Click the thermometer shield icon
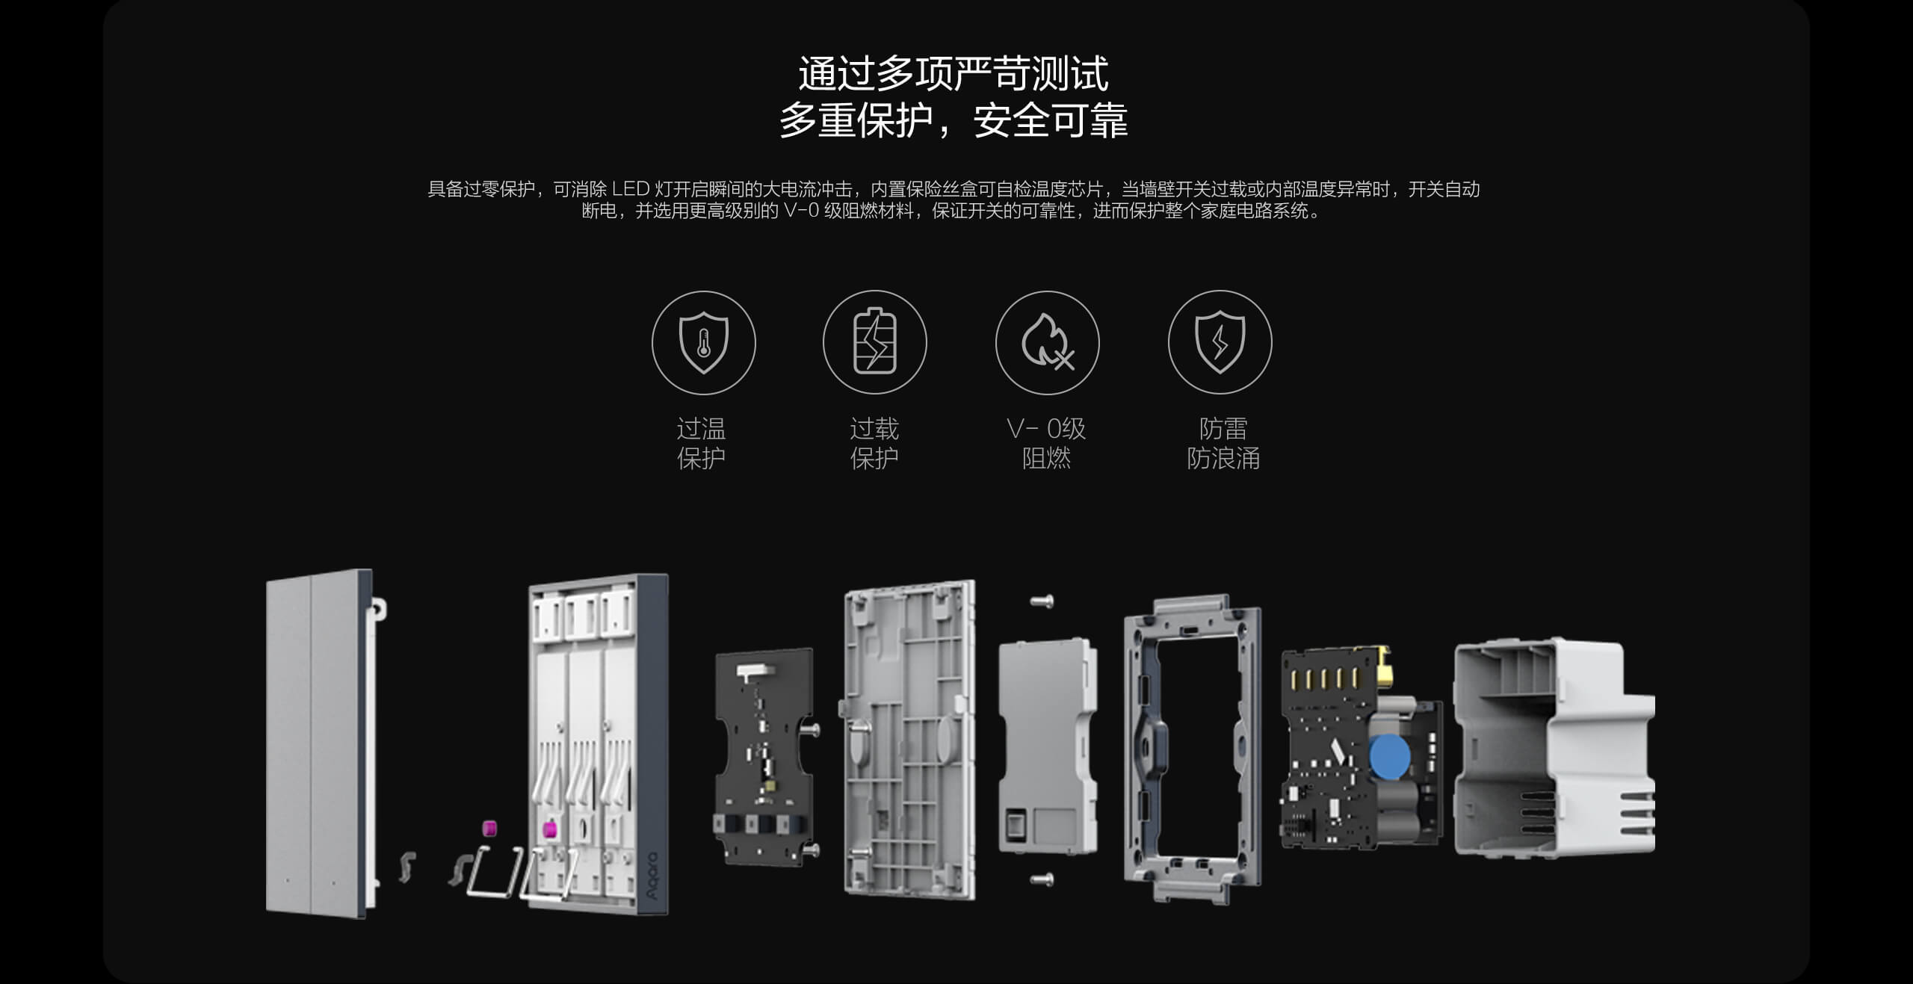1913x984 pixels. (703, 343)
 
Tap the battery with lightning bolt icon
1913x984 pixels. (874, 342)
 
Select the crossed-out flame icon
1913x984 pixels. (1047, 343)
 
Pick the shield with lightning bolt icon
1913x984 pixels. (1220, 342)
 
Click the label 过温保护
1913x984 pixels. (701, 443)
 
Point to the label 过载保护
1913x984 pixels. (874, 443)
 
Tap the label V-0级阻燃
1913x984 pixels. (1046, 443)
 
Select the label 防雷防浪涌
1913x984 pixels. (1223, 443)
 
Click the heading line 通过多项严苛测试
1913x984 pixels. (954, 73)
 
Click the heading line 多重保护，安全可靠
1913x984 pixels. (954, 121)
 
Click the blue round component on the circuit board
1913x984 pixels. (1390, 756)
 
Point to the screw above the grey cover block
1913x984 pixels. (1042, 601)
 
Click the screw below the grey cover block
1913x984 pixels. (1042, 879)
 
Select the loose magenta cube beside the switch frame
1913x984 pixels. (489, 828)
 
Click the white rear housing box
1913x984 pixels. (1554, 747)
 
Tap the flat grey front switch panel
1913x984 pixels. (318, 743)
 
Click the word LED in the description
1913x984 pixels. (631, 190)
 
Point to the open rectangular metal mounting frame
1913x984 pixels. (1193, 747)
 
